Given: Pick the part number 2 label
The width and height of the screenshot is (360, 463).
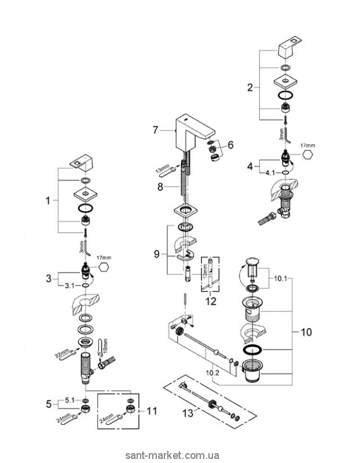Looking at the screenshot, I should [249, 88].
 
